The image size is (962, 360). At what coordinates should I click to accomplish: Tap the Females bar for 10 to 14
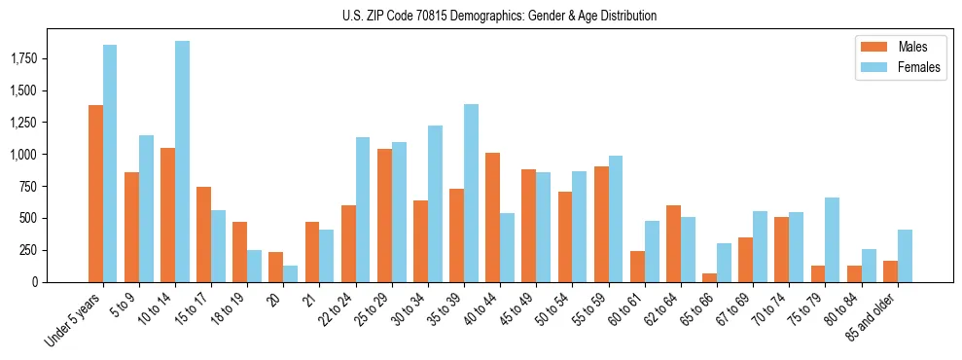[182, 162]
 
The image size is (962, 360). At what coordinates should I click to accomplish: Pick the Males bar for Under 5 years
[95, 194]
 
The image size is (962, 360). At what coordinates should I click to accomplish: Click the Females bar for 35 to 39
[471, 193]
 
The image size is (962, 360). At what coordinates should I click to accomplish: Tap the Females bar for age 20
[290, 273]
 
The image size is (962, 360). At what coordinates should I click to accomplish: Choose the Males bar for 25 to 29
[384, 215]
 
